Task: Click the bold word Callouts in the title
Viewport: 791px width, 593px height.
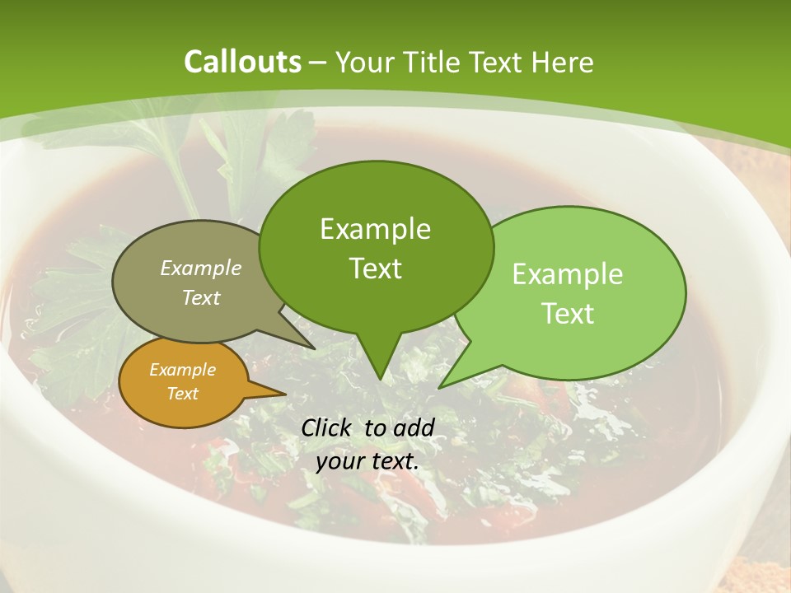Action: click(242, 62)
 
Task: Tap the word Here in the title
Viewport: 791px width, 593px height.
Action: click(559, 62)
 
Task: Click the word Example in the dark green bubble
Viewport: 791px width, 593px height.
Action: click(375, 229)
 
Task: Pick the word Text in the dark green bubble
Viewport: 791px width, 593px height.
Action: click(375, 268)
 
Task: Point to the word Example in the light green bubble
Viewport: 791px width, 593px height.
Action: click(568, 274)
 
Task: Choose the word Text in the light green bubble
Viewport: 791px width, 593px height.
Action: click(568, 314)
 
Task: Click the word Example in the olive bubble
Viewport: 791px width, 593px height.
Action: click(201, 268)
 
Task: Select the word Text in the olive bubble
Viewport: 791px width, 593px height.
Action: click(201, 297)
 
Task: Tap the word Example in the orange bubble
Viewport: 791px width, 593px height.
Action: click(182, 370)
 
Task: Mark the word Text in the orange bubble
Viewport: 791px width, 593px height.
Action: click(182, 394)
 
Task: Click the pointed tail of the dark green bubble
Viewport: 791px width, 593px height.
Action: click(380, 375)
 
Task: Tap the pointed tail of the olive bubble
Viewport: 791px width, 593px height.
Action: click(311, 346)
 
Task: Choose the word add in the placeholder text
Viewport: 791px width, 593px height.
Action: click(414, 427)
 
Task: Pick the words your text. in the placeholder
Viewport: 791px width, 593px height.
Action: click(367, 461)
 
